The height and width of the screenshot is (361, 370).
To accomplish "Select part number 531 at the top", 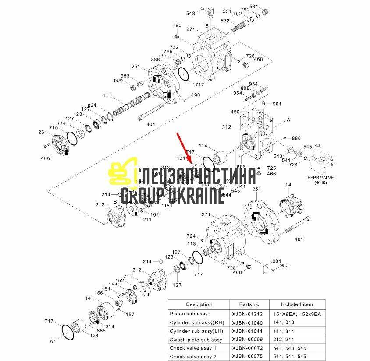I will pyautogui.click(x=227, y=11).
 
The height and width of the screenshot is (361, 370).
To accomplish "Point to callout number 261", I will pyautogui.click(x=42, y=132).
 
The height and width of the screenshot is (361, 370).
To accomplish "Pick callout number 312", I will pyautogui.click(x=226, y=128).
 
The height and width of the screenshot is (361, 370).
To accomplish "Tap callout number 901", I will pyautogui.click(x=277, y=104).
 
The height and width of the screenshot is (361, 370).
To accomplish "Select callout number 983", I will pyautogui.click(x=285, y=266).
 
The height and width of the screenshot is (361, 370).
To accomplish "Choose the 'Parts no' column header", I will pyautogui.click(x=249, y=304).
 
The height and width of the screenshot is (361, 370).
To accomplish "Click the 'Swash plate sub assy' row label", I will pyautogui.click(x=196, y=340).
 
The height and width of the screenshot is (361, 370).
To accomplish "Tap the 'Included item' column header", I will pyautogui.click(x=297, y=304).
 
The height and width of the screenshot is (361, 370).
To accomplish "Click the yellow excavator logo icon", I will pyautogui.click(x=120, y=175).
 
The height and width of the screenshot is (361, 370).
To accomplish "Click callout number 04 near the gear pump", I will pyautogui.click(x=288, y=185).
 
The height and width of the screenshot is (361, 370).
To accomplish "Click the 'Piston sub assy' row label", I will pyautogui.click(x=189, y=314).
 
